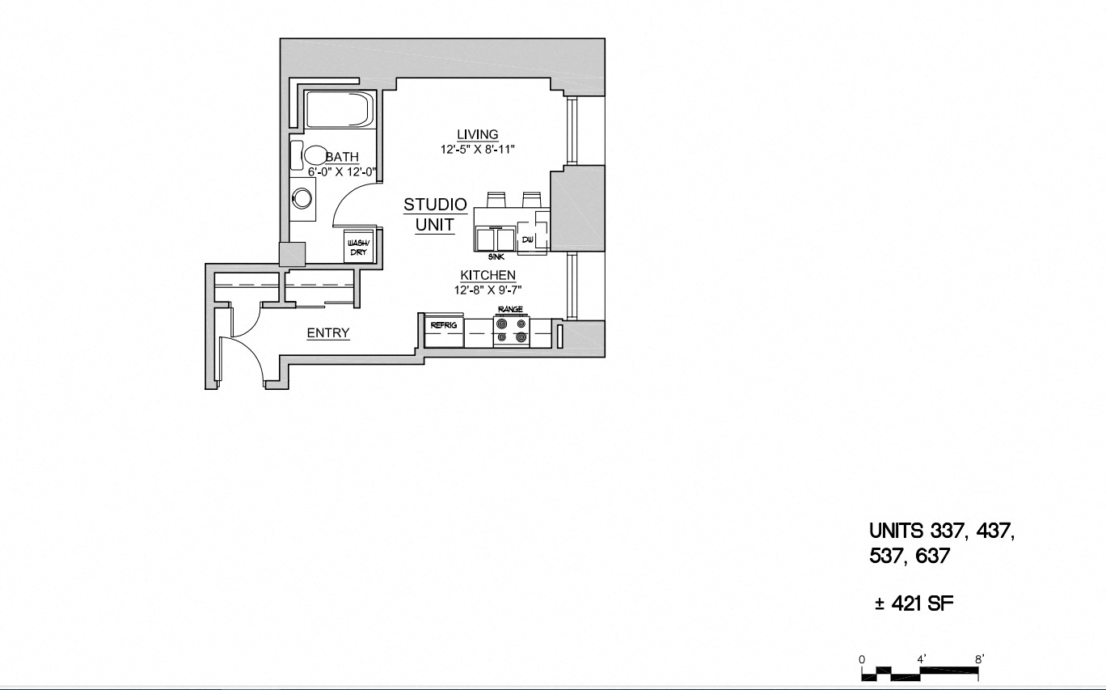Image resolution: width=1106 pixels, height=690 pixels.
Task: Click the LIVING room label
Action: pos(477,134)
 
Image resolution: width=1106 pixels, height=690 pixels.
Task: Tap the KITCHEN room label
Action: pos(488,275)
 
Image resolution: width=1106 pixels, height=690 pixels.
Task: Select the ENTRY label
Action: pos(328,332)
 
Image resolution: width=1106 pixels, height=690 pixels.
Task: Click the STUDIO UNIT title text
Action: pos(435,214)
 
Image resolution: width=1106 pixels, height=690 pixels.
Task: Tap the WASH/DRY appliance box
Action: pos(357,247)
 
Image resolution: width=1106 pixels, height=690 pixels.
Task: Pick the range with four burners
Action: pos(511,330)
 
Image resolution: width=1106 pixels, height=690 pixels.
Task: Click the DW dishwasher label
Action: pos(527,239)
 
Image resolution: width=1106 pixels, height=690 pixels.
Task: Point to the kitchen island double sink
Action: pos(496,240)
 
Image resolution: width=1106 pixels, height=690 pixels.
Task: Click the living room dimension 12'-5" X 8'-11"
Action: pos(478,149)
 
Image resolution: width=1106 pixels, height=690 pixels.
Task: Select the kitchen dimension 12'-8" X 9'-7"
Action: pos(488,290)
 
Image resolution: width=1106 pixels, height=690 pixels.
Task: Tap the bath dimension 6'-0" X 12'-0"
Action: pos(342,171)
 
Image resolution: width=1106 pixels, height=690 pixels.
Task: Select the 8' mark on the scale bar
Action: pos(979,659)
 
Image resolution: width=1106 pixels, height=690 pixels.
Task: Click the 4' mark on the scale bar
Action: pos(921,659)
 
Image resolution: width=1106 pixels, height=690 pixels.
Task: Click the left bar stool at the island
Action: pos(496,199)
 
